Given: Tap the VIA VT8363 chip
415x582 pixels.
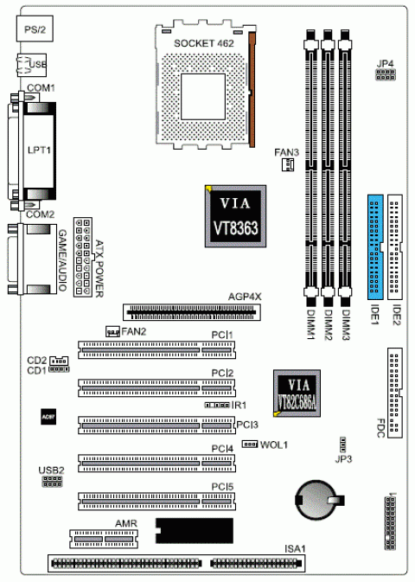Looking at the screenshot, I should [x=234, y=215].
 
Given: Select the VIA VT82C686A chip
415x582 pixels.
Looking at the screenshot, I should [x=297, y=393].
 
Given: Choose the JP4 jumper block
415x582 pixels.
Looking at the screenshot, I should [x=385, y=77].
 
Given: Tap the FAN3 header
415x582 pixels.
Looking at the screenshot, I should [x=285, y=166].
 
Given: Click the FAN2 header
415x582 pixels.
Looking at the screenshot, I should [x=112, y=331].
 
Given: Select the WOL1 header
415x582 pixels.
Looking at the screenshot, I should [x=250, y=444].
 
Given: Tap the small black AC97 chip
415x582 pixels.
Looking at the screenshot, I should [x=48, y=416].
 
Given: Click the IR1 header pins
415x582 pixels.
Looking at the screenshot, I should [x=217, y=405].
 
